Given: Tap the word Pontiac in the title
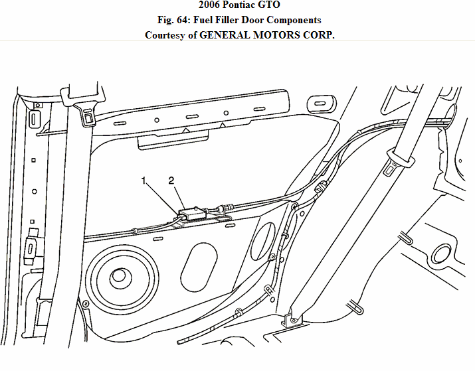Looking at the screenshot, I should (238, 6).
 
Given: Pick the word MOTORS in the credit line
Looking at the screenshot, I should (274, 35).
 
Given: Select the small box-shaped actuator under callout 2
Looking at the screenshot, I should (193, 213).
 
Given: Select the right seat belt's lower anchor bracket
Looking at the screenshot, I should (292, 318).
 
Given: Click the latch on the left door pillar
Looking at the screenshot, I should (31, 250).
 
